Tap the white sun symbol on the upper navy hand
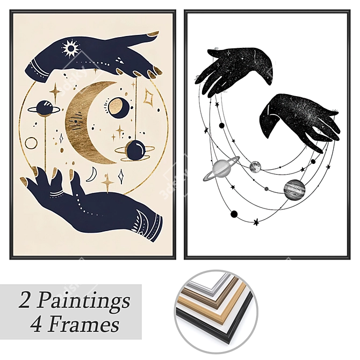pyautogui.click(x=71, y=48)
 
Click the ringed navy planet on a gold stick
pyautogui.click(x=44, y=108)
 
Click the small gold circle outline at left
pyautogui.click(x=31, y=143)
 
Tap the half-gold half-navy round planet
pyautogui.click(x=117, y=107)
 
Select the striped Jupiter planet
pyautogui.click(x=295, y=190)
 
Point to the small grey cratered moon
pyautogui.click(x=255, y=167)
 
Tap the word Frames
pyautogui.click(x=84, y=325)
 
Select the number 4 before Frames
pyautogui.click(x=37, y=325)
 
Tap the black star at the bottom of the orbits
pyautogui.click(x=256, y=222)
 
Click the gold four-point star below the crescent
pyautogui.click(x=107, y=183)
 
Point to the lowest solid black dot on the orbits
pyautogui.click(x=234, y=214)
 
